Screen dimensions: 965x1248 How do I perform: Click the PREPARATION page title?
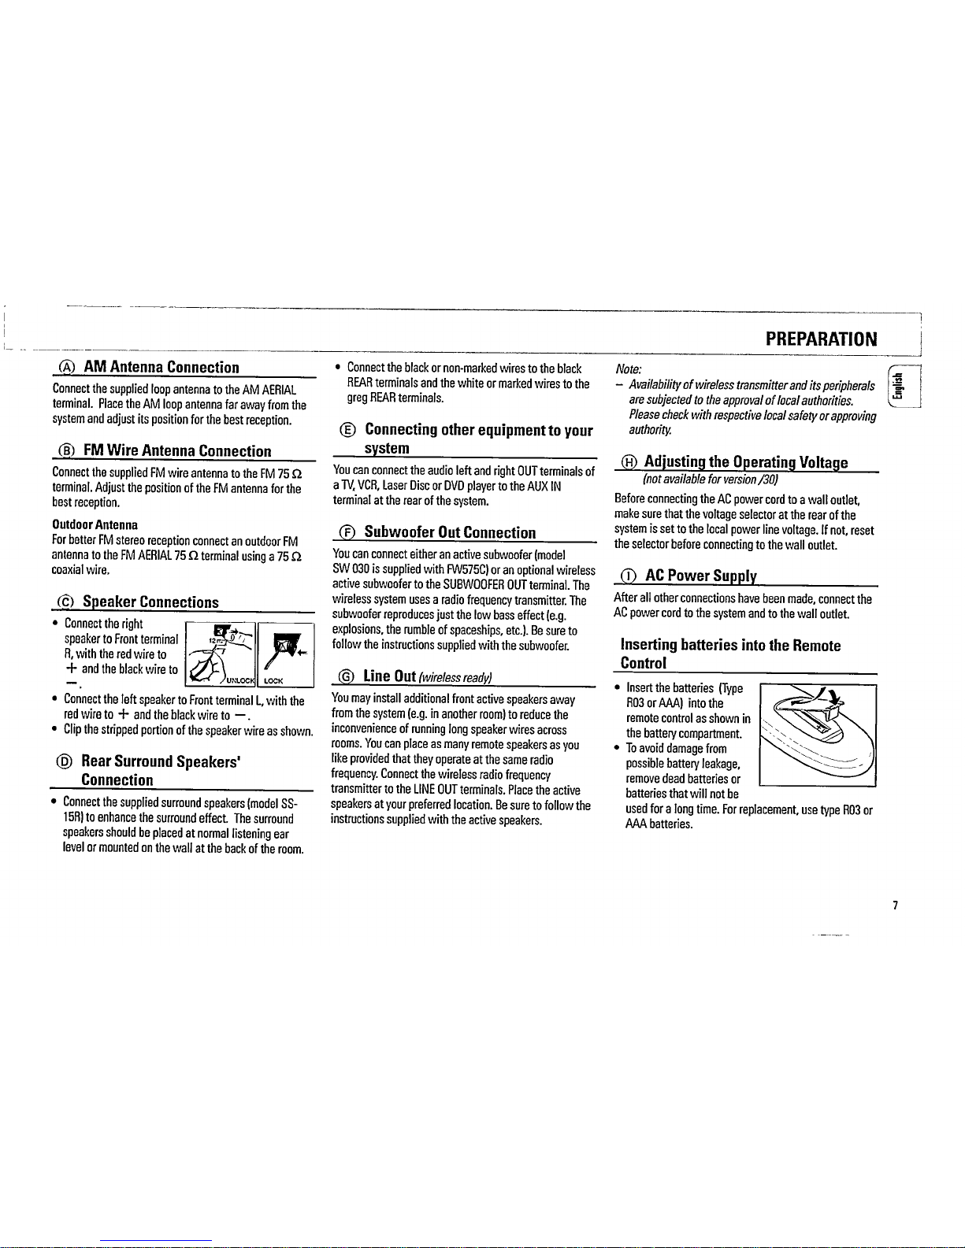pos(821,339)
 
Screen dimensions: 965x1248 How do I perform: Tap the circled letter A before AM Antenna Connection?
pos(67,367)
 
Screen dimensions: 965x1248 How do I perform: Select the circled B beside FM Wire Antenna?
pos(67,451)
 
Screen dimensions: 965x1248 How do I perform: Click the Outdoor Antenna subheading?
pos(95,524)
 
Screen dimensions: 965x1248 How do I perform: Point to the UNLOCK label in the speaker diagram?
pos(240,680)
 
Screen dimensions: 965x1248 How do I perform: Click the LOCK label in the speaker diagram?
pos(273,681)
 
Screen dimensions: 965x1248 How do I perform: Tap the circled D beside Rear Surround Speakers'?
pos(65,761)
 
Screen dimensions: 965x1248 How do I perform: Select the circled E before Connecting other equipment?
pos(347,430)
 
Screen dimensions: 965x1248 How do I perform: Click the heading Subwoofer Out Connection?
pos(450,532)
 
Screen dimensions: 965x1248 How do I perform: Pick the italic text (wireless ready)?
pos(455,678)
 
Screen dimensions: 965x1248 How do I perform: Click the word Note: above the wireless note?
pos(629,368)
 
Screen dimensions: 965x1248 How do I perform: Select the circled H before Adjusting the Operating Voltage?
pos(629,461)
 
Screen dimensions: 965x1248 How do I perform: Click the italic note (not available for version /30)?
pos(711,479)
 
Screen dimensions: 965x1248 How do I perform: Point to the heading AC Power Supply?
pos(701,576)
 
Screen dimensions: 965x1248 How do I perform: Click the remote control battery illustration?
pos(818,735)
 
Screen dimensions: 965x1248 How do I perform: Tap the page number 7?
pos(895,905)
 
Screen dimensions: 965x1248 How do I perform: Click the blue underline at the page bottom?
pos(156,1242)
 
